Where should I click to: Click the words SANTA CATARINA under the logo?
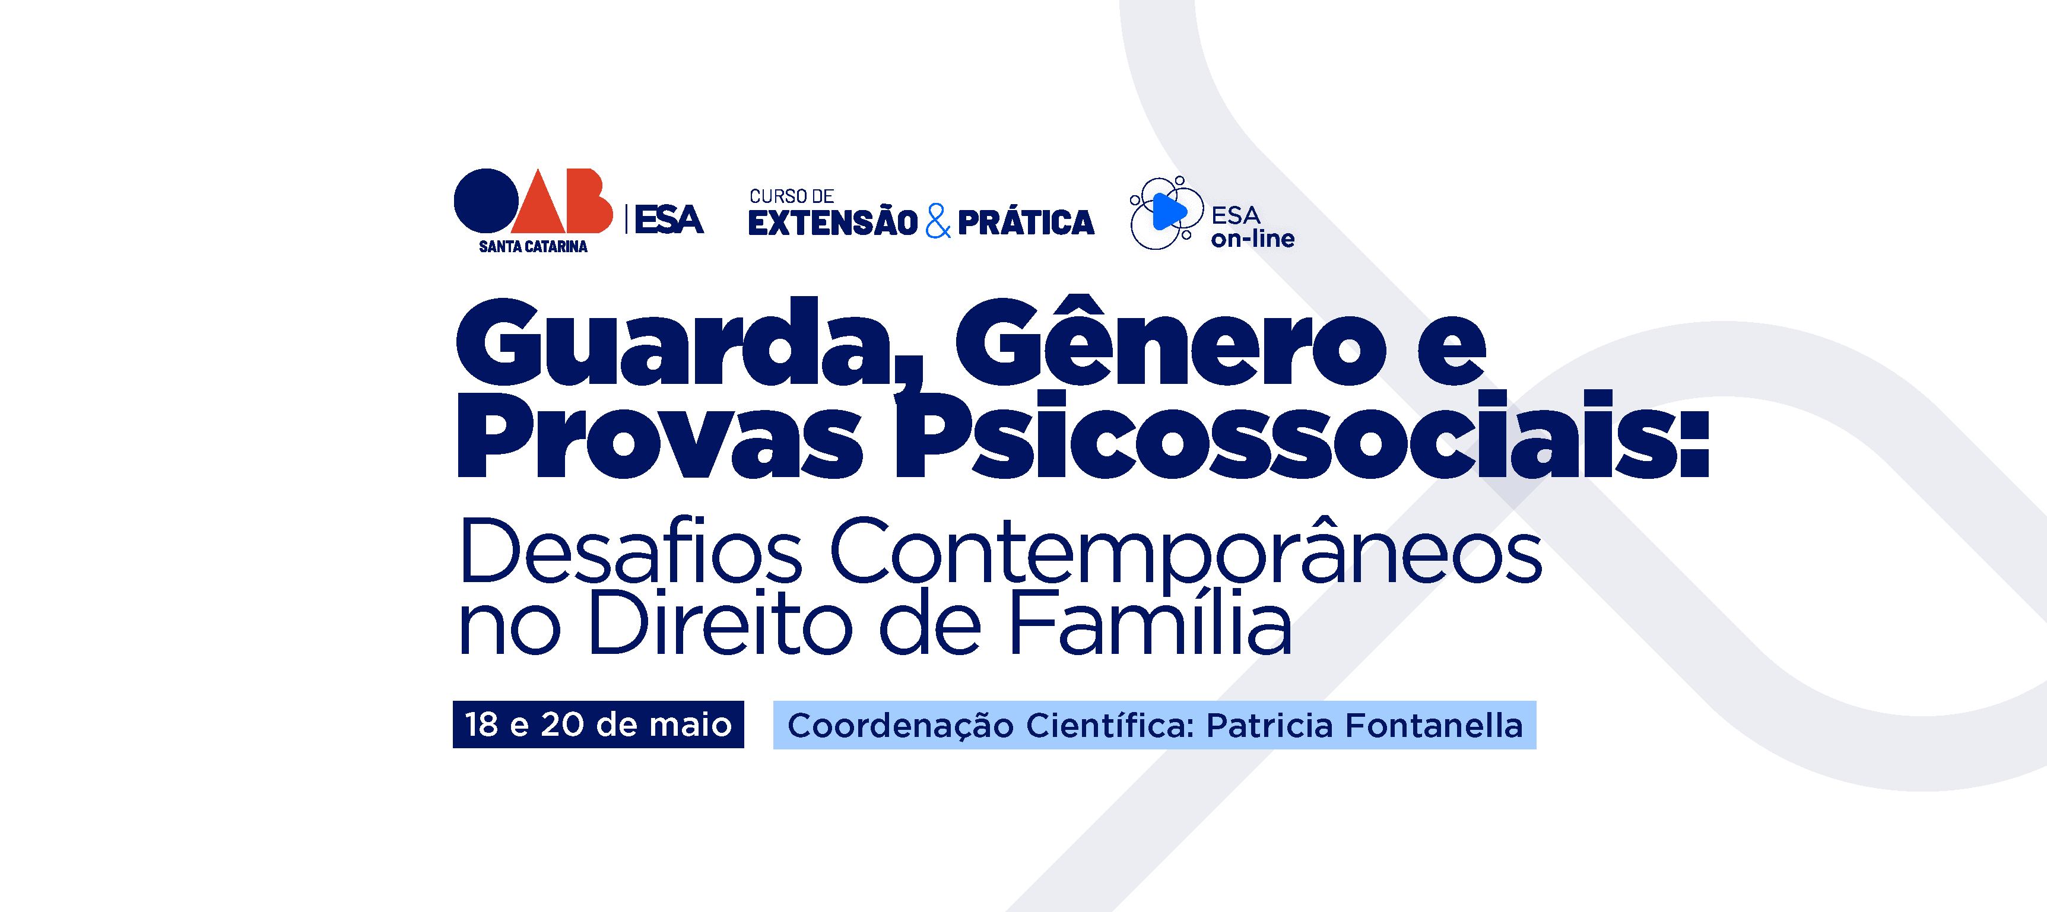click(x=532, y=247)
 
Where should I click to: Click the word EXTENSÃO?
click(x=833, y=223)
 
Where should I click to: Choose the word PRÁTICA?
click(x=1026, y=223)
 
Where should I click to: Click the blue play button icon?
click(x=1168, y=212)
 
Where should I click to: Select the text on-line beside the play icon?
click(x=1252, y=239)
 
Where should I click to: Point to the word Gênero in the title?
click(x=1170, y=342)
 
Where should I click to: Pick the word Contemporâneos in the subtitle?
click(x=1185, y=551)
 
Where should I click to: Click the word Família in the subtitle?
click(x=1150, y=624)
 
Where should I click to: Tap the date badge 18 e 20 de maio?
click(x=598, y=724)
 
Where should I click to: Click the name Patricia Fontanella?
click(x=1364, y=725)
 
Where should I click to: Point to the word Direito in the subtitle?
click(x=721, y=624)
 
